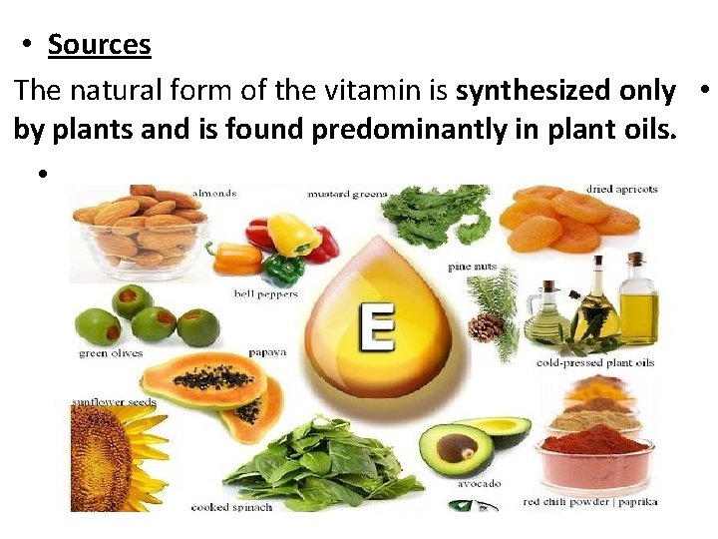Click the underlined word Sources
tap(99, 45)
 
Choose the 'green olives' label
tap(111, 352)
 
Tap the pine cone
tap(484, 326)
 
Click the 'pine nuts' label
tap(472, 267)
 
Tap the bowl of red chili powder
tap(594, 455)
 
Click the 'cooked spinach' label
tap(231, 506)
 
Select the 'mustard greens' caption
tap(346, 192)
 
